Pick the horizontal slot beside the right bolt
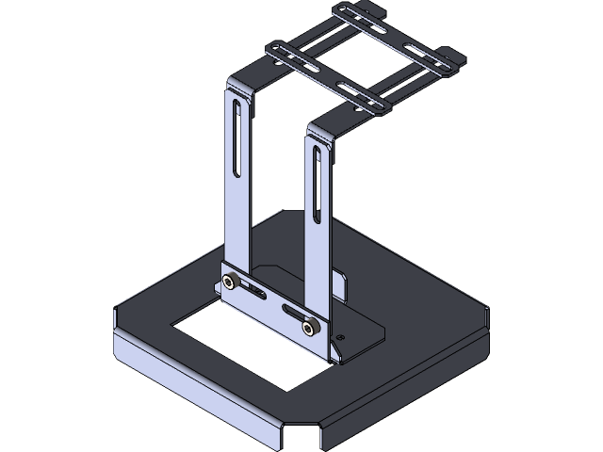tap(293, 313)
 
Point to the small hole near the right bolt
tap(341, 336)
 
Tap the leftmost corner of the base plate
tap(115, 315)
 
